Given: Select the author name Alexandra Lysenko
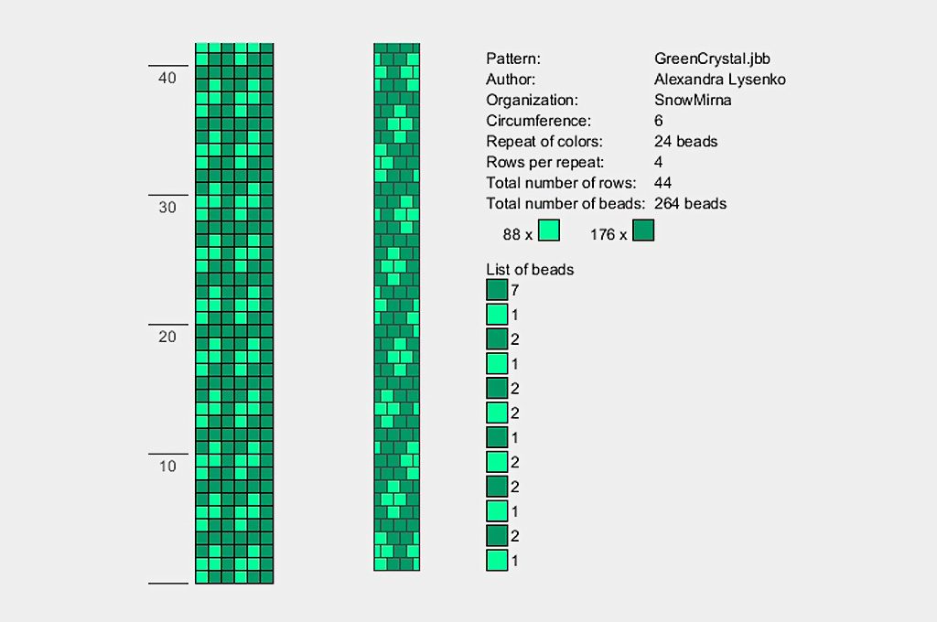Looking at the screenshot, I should pos(719,80).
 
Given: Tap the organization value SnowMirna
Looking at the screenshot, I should pos(693,100).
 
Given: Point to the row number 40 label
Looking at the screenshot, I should pos(167,79).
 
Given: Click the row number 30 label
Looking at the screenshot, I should pos(167,208).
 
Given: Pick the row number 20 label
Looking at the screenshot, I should pos(167,337).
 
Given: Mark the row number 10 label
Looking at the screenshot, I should pos(167,466).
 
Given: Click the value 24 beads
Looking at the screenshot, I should pos(685,142).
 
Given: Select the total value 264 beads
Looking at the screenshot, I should pos(690,204).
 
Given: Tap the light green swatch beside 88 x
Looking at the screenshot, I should pos(548,231).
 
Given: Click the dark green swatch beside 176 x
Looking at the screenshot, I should pos(643,231).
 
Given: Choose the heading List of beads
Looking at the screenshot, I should pos(530,269).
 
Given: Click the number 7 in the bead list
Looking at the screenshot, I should pos(515,291).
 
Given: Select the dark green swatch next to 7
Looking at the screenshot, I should pos(497,290).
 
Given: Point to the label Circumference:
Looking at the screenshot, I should pos(538,121).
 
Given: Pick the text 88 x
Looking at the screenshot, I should pos(517,234).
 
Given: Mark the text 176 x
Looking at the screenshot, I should pos(609,234).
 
